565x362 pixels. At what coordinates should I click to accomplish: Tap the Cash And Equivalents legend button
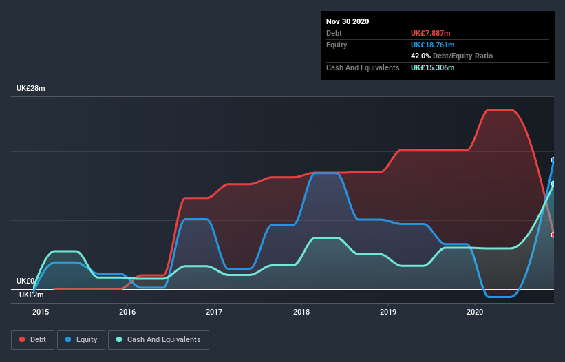tap(158, 340)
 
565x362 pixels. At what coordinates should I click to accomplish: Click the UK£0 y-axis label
tap(26, 281)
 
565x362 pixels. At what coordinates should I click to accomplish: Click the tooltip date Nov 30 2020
tap(348, 21)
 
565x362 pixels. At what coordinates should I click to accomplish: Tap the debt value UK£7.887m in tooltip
tap(431, 33)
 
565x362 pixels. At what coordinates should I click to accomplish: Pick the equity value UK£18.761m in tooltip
tap(434, 45)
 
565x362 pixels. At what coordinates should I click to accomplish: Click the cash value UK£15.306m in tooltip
tap(433, 67)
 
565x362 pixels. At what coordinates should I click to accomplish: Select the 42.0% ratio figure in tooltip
tap(420, 56)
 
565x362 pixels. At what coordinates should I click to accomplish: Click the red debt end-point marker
tap(553, 235)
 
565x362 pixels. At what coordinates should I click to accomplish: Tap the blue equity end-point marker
tap(553, 160)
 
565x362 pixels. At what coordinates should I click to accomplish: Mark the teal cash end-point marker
tap(553, 184)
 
